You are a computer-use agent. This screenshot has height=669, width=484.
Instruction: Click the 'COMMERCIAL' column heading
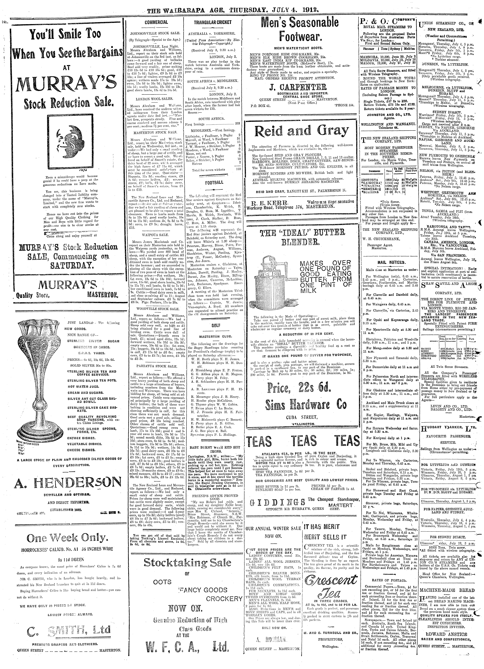(x=156, y=22)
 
